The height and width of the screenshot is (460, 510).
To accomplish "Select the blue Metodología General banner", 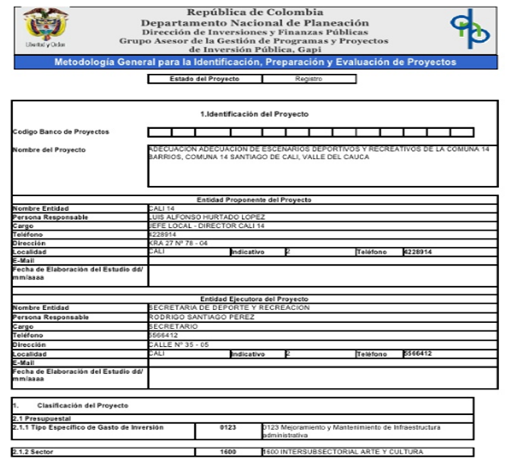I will pyautogui.click(x=255, y=62).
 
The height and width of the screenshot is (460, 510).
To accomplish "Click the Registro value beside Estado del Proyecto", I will pyautogui.click(x=308, y=79).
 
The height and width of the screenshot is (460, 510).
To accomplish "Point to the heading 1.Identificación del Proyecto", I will pyautogui.click(x=255, y=114).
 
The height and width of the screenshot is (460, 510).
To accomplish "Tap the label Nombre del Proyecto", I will pyautogui.click(x=49, y=149).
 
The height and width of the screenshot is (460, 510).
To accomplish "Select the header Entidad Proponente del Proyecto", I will pyautogui.click(x=254, y=200).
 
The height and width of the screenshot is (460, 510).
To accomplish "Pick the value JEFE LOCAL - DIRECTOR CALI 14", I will pyautogui.click(x=206, y=226).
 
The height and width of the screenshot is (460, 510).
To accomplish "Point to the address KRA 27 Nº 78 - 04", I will pyautogui.click(x=179, y=243).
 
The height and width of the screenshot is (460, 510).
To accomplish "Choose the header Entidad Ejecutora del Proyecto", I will pyautogui.click(x=254, y=299).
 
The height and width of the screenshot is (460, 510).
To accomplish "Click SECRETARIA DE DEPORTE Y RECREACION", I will pyautogui.click(x=229, y=308).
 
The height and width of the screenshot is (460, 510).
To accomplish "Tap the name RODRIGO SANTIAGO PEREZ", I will pyautogui.click(x=201, y=317).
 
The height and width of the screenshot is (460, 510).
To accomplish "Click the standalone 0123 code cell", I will pyautogui.click(x=228, y=427).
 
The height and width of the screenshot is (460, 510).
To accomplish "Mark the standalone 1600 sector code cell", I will pyautogui.click(x=228, y=452).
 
